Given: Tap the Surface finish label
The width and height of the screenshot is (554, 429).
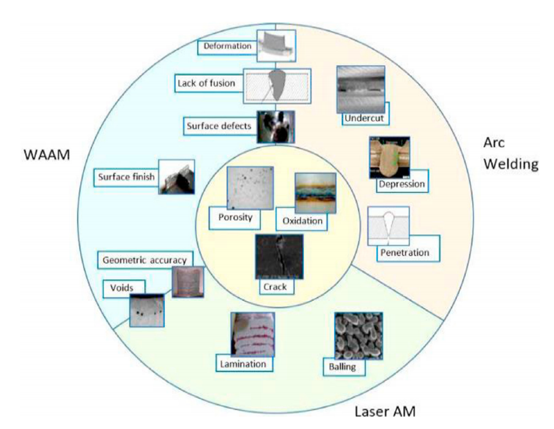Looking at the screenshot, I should (126, 178).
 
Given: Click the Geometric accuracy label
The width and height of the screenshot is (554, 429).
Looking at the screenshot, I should (145, 259).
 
